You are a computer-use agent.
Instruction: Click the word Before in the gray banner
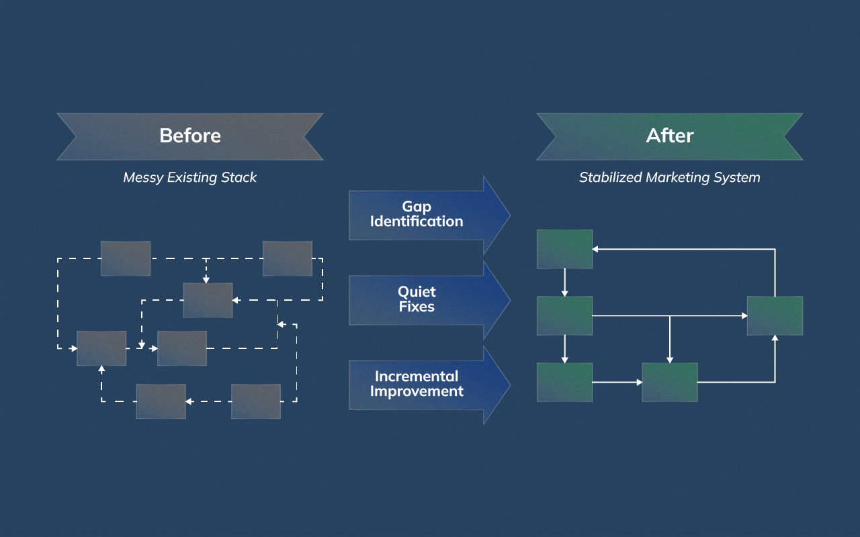point(190,136)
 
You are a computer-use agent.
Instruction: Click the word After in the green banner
point(669,136)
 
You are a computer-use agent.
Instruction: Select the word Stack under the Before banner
point(239,178)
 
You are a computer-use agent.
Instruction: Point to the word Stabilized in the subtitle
point(610,178)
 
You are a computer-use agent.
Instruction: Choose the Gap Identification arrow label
point(417,214)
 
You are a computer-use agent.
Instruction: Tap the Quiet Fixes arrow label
point(417,299)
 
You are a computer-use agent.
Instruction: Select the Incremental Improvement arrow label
point(417,384)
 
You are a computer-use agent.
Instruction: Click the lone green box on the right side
point(775,315)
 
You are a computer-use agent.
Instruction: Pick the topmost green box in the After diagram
point(564,249)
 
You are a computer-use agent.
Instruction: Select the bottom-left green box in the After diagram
point(564,382)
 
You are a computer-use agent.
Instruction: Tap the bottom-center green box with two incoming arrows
point(669,382)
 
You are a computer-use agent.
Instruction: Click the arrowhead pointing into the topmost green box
point(596,249)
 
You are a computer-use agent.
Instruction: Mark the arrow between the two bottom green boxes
point(617,383)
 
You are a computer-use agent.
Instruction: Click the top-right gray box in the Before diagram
point(287,258)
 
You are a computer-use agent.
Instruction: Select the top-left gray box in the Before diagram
point(126,258)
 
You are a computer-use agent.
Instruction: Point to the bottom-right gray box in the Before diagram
point(256,401)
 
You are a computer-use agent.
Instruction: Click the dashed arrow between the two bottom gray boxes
point(208,401)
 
